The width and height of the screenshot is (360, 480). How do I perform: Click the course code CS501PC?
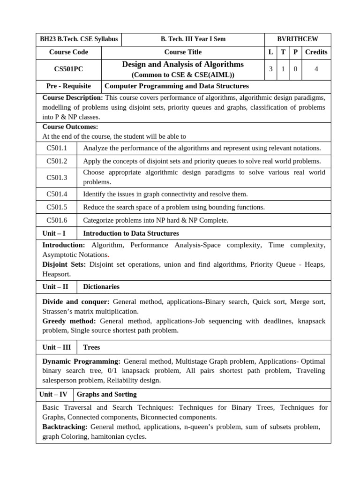(x=68, y=69)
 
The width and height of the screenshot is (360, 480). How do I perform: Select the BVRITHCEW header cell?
(x=298, y=39)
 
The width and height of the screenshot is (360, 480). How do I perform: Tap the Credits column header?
(x=316, y=52)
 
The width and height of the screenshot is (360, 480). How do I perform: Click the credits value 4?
(x=316, y=69)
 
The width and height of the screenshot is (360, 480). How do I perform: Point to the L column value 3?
(x=270, y=69)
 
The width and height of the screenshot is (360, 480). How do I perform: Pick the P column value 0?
(x=295, y=69)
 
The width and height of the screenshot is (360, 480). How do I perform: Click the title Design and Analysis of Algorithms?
(x=183, y=64)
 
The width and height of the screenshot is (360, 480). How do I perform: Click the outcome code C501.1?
(x=57, y=148)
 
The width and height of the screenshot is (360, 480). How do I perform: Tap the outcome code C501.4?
(x=57, y=194)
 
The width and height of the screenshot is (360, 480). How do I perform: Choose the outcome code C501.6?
(x=57, y=220)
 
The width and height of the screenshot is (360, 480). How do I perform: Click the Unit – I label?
(x=54, y=233)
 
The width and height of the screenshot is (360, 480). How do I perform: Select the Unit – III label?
(x=56, y=347)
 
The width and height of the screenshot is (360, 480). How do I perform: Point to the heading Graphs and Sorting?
(x=106, y=395)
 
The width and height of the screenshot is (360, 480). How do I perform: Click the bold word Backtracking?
(x=65, y=427)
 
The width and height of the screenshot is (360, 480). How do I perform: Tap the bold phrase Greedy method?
(x=69, y=321)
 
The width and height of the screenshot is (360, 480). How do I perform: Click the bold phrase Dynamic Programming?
(x=81, y=361)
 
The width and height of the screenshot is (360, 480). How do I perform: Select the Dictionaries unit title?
(x=101, y=287)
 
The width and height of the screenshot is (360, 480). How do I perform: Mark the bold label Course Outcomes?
(x=70, y=127)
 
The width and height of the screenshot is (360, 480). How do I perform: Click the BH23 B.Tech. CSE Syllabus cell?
(x=79, y=39)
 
